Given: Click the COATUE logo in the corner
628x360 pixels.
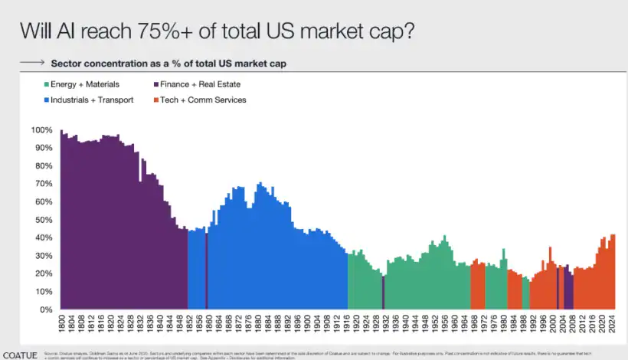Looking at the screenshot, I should click(18, 355).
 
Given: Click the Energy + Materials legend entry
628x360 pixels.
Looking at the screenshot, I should click(80, 84).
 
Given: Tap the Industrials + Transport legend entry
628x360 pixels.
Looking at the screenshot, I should click(87, 100).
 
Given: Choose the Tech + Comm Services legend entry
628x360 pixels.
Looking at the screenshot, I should click(203, 100).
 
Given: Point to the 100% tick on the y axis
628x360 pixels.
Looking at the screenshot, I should click(42, 130).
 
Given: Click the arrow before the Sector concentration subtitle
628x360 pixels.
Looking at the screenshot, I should click(31, 61).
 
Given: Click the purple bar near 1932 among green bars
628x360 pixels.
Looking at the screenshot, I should click(383, 293).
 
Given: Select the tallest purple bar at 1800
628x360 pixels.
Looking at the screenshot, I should click(61, 222).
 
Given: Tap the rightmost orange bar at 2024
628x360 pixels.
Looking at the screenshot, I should click(613, 272).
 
